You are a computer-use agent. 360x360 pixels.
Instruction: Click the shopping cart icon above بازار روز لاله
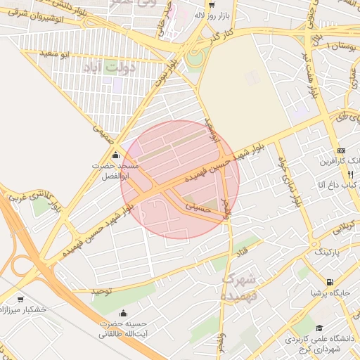(x=210, y=4)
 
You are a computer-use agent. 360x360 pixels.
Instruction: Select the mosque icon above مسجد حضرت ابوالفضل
(x=115, y=155)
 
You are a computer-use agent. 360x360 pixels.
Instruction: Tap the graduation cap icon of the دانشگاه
(x=319, y=328)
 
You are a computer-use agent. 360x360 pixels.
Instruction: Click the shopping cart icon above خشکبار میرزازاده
(x=20, y=299)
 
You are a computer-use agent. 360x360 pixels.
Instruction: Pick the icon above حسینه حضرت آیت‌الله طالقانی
(x=124, y=314)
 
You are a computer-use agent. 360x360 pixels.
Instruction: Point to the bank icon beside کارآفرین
(x=342, y=150)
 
